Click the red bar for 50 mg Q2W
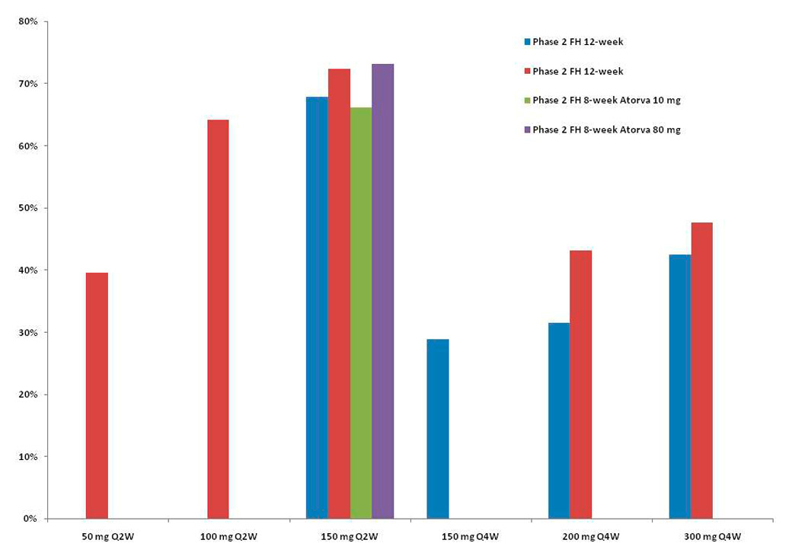97,395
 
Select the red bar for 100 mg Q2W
218,319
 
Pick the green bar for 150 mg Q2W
361,313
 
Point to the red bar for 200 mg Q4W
580,385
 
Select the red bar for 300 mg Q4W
701,370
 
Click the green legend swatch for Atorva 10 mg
525,101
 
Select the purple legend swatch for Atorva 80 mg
525,130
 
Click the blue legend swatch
525,42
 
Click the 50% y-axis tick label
28,208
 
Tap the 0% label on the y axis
30,519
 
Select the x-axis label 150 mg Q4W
471,536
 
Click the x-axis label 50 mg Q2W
107,536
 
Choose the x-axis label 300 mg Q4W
713,536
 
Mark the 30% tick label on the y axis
28,333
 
